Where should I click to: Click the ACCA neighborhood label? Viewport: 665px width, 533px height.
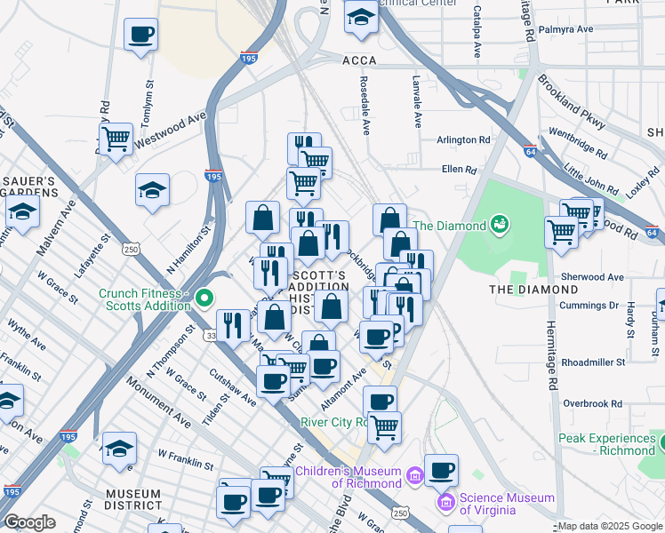tap(360, 60)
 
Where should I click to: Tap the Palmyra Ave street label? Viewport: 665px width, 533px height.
tap(572, 29)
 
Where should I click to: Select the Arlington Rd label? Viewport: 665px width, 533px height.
tap(463, 140)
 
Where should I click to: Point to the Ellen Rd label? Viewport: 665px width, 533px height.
tap(460, 169)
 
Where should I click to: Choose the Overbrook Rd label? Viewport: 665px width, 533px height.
tap(592, 403)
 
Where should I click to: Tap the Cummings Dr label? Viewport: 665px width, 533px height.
tap(589, 306)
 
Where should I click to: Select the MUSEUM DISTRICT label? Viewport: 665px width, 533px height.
tap(133, 499)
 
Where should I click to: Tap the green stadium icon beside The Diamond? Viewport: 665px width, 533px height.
tap(499, 225)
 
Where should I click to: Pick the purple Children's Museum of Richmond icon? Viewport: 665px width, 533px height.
tap(413, 478)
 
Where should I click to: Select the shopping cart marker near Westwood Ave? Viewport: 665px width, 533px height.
tap(116, 139)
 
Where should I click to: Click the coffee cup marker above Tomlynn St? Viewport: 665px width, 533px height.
tap(140, 35)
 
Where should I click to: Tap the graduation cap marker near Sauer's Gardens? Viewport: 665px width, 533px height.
tap(22, 211)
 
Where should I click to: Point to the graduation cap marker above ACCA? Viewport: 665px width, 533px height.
tap(361, 15)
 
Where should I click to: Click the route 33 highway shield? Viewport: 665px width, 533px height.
tap(211, 335)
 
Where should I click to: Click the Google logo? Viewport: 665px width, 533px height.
tap(29, 522)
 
